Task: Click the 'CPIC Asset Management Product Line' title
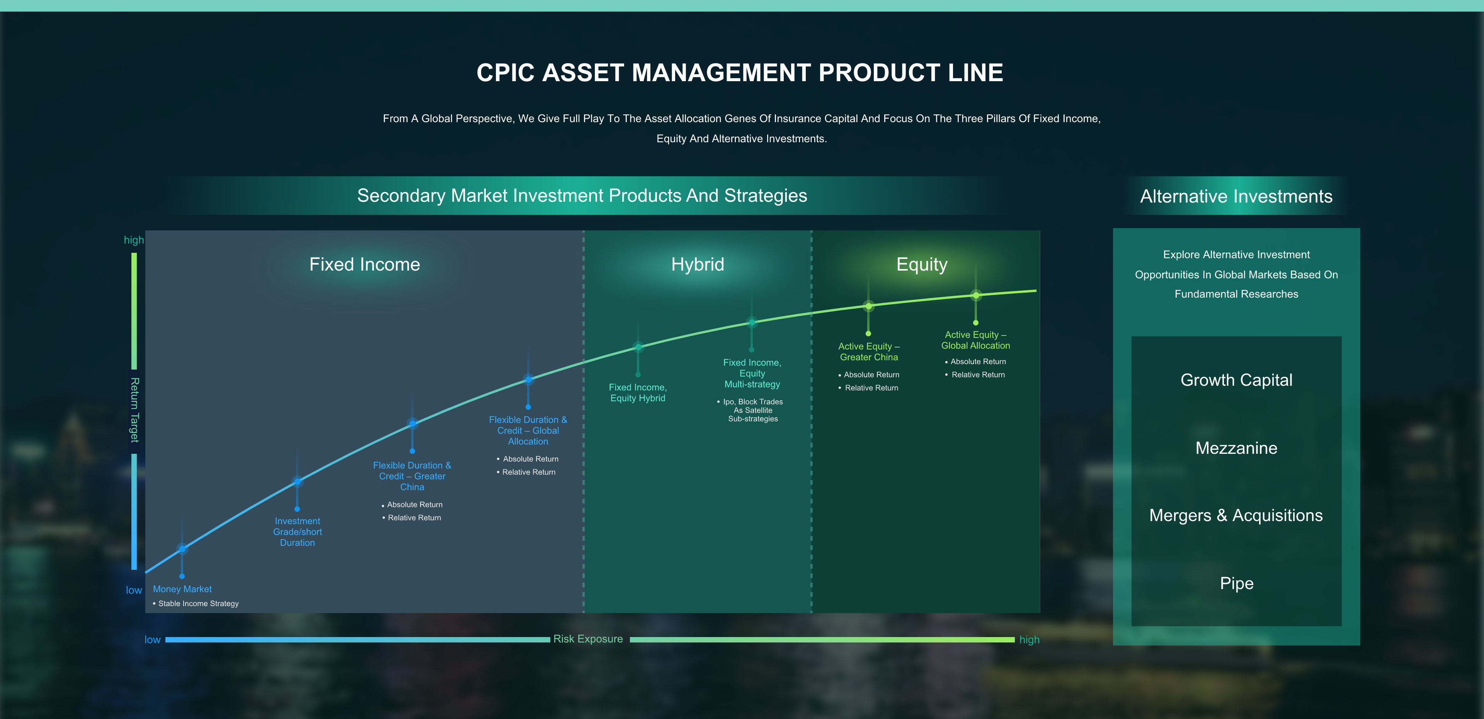[x=740, y=73]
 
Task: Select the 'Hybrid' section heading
[x=697, y=264]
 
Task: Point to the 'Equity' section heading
[x=921, y=264]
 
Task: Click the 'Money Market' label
[x=182, y=589]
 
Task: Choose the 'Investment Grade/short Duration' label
[x=297, y=532]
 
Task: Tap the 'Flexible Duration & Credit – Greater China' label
[x=412, y=476]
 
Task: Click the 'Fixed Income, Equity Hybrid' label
[x=638, y=393]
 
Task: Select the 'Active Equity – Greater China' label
[x=869, y=351]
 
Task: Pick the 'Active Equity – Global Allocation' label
[x=975, y=340]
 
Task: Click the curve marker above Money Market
[x=182, y=549]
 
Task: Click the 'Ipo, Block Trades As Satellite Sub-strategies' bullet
[x=752, y=410]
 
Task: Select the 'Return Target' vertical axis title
[x=134, y=410]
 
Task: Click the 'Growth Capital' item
[x=1236, y=380]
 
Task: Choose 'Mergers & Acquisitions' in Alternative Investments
[x=1236, y=515]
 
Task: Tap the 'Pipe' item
[x=1236, y=583]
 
